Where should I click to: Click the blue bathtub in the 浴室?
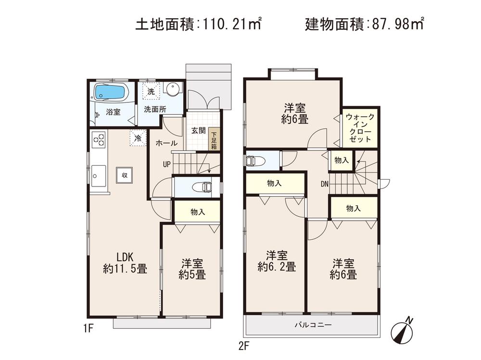point(110,92)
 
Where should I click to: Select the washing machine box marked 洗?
point(151,91)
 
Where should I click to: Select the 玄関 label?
point(198,131)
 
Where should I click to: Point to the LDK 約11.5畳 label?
point(125,262)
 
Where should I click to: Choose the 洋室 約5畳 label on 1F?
point(192,269)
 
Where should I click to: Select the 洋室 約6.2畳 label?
point(276,261)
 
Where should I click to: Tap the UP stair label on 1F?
point(166,164)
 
